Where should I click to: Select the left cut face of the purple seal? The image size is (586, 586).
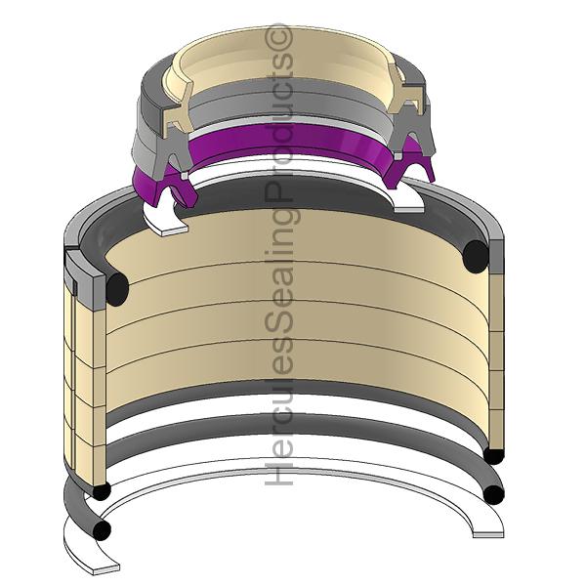(x=176, y=189)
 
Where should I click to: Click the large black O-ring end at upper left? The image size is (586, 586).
(x=117, y=289)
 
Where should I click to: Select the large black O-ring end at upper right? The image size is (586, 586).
(x=476, y=256)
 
